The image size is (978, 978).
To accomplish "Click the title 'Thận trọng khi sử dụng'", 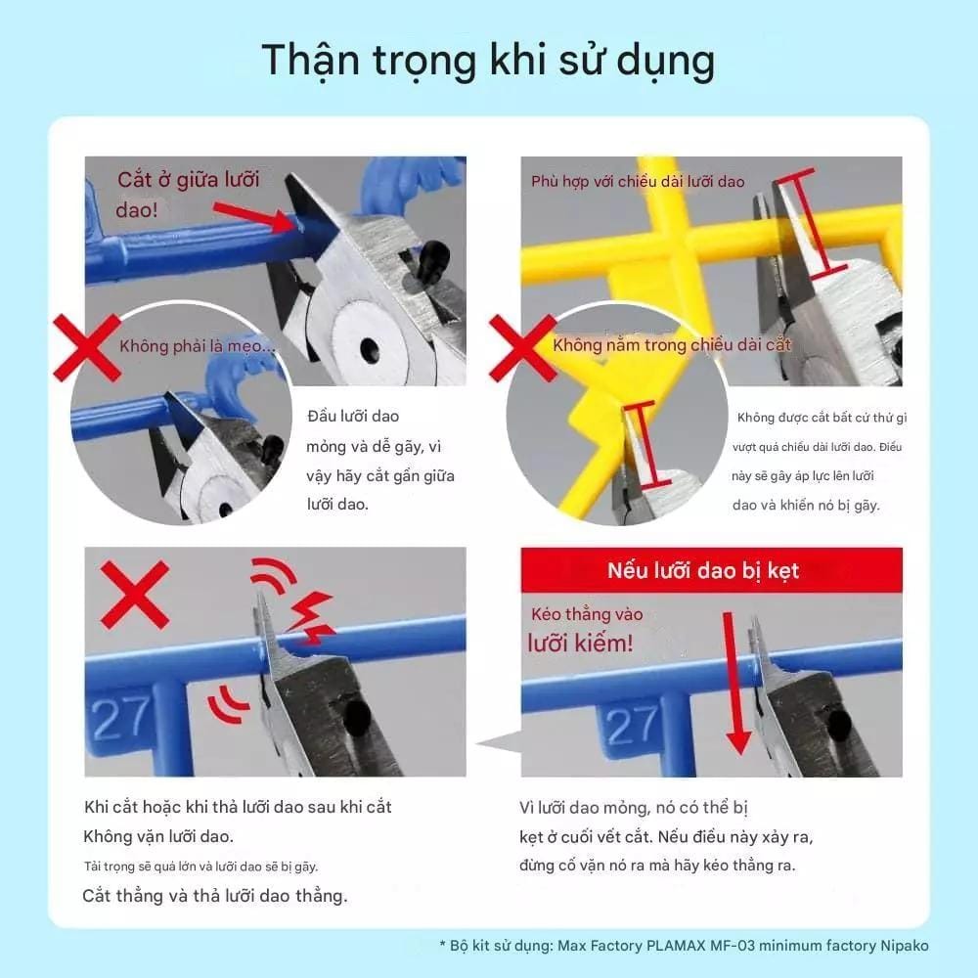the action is (488, 61).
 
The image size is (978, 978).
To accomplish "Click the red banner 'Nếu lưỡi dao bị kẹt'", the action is (712, 570).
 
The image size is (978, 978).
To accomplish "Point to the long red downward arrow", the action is (734, 684).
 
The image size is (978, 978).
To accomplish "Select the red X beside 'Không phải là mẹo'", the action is (87, 347).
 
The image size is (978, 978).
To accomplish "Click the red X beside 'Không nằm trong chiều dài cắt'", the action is (522, 347).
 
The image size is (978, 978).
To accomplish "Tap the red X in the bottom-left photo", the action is (135, 595).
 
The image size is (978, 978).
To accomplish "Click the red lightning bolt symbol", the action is (310, 617).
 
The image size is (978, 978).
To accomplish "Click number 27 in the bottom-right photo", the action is (632, 726).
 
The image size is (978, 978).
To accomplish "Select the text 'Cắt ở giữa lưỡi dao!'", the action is (187, 194).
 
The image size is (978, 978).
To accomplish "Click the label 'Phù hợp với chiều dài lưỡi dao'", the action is (638, 182).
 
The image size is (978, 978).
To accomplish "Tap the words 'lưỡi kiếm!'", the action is (580, 644).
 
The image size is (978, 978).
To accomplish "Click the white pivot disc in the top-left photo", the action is (366, 345).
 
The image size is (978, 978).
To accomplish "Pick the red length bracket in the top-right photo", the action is (811, 222).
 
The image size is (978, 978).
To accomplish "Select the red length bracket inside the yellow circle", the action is (648, 444).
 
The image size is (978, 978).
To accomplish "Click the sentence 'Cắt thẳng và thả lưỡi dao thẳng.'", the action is (214, 896).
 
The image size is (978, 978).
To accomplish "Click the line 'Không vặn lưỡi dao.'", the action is (158, 836).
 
